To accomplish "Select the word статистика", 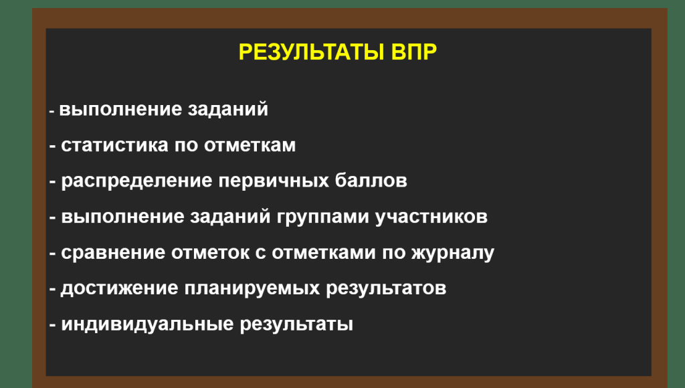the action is point(114,146).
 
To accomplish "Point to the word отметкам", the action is point(250,146).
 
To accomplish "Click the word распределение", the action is point(136,181).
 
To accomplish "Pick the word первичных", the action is point(274,181).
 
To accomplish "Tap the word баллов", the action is point(371,181).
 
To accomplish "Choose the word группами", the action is point(323,217).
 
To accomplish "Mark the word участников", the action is point(431,217).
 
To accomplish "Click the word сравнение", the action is point(112,253).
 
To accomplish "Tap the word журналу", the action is point(453,254).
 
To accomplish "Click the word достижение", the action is point(119,289).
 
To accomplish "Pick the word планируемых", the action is point(252,289).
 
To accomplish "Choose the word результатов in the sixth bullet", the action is point(386,289).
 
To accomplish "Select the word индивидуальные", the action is point(147,325).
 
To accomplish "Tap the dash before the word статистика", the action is point(52,147).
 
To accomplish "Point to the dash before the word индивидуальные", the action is point(52,326).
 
